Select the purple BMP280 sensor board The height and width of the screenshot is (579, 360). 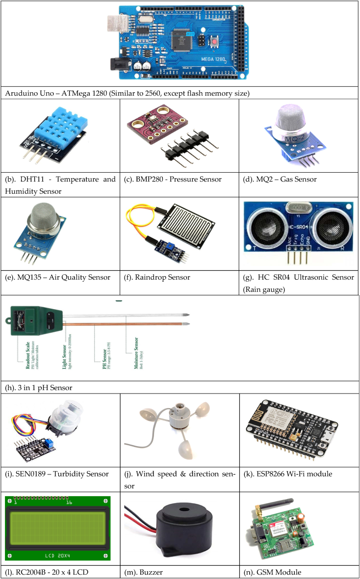coord(162,125)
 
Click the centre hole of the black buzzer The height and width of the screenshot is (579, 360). coord(184,516)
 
